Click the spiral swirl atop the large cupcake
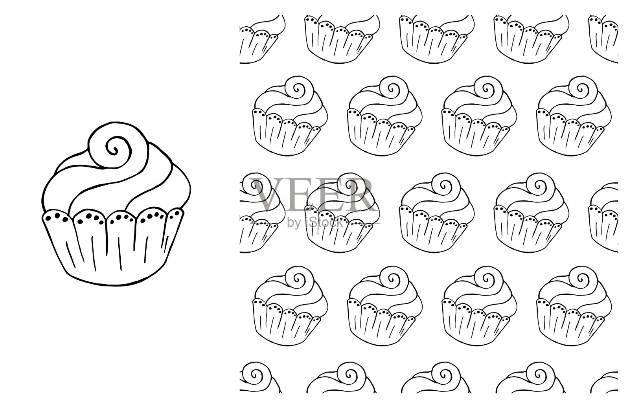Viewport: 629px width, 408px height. pos(118,145)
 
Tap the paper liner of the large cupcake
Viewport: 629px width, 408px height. pos(113,247)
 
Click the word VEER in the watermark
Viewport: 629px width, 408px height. pos(314,195)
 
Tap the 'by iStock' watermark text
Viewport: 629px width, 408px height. pos(315,223)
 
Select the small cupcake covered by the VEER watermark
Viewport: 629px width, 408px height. pos(342,213)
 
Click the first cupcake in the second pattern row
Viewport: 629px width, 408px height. pos(290,116)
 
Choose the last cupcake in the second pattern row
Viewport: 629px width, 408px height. pos(574,116)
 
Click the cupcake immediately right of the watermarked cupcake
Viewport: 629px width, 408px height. pos(437,213)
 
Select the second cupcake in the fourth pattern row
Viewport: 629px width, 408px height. pos(385,306)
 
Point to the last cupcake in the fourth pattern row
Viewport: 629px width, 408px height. pos(574,306)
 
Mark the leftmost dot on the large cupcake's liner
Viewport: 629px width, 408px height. pos(49,218)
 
